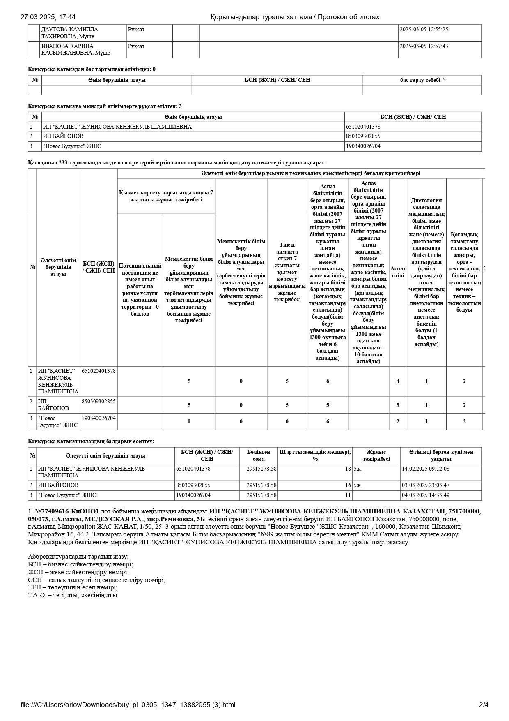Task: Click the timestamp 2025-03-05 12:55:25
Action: point(424,30)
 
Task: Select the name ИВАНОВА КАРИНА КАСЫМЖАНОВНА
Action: point(76,49)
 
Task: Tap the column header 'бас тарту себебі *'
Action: point(422,80)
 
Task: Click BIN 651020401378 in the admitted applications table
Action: point(363,127)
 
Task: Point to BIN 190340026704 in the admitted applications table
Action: point(363,146)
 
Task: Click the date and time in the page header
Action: point(48,17)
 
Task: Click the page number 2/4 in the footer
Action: point(484,705)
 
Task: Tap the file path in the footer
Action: point(128,705)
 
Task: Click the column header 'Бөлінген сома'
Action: point(259,455)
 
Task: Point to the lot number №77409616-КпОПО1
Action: point(66,511)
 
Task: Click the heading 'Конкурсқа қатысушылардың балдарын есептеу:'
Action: point(91,441)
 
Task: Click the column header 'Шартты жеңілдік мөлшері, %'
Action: point(315,455)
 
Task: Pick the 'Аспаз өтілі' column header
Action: point(398,272)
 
